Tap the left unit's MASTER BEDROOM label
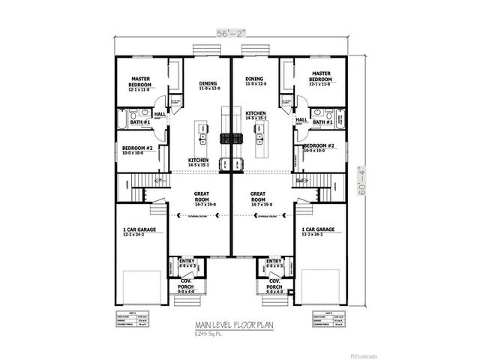pyautogui.click(x=142, y=80)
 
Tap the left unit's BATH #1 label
pyautogui.click(x=143, y=121)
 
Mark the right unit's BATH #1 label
pyautogui.click(x=323, y=121)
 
